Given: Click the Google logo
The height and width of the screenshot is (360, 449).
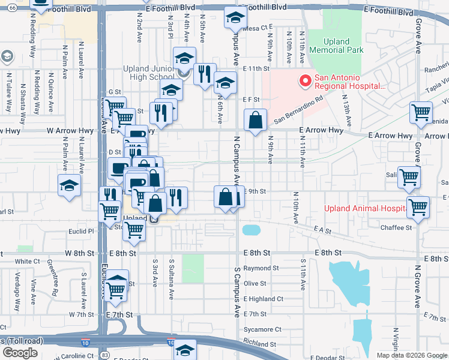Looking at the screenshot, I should click(20, 353).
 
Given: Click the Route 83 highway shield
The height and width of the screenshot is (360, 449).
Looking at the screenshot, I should click(105, 355).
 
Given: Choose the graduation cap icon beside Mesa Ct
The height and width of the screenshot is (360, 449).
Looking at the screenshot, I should click(235, 18).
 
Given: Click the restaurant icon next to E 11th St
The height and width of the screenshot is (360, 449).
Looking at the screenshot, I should click(205, 74).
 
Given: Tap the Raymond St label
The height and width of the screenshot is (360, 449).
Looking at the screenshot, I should click(261, 268).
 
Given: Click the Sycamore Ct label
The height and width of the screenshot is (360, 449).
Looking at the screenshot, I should click(262, 329).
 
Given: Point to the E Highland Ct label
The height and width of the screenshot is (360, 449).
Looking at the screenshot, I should click(263, 299).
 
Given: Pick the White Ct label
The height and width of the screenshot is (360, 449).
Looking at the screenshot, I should click(27, 262).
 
